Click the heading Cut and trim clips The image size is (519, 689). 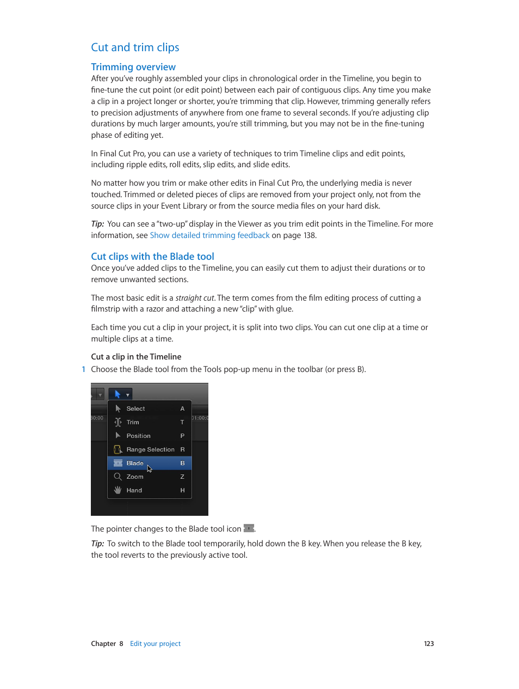coord(135,47)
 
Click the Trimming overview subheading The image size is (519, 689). coord(133,67)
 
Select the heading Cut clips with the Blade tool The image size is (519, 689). coord(152,257)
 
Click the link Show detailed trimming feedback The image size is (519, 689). coord(209,235)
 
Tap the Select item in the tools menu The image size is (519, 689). coord(136,408)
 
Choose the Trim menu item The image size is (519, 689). coord(133,422)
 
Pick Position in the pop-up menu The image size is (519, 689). coord(138,436)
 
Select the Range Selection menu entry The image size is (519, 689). coord(150,449)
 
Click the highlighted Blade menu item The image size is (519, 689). coord(135,463)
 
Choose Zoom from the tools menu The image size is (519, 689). coord(135,477)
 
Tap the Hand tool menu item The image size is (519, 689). coord(134,490)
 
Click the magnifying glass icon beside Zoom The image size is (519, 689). coord(118,477)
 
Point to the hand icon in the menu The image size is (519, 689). coord(118,490)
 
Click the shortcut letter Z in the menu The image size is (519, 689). coord(182,477)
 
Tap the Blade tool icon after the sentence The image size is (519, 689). coord(249,528)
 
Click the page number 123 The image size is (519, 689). coord(429,644)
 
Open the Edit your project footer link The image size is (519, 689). coord(155,644)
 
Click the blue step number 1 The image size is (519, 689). coord(83,369)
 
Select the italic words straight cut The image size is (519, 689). coord(195,298)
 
